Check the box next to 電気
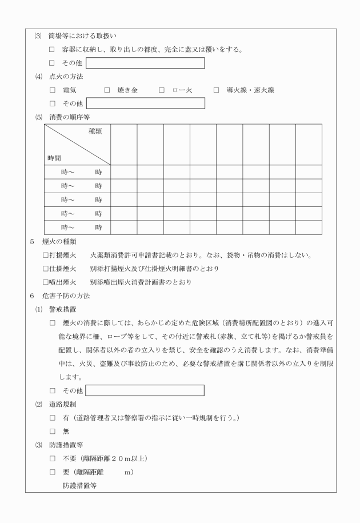click(x=53, y=90)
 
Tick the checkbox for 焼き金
click(x=107, y=90)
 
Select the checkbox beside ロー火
click(x=162, y=90)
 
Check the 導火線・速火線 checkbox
click(x=217, y=90)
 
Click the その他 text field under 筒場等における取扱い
click(x=145, y=63)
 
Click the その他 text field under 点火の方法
click(x=145, y=103)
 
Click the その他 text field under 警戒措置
click(x=145, y=391)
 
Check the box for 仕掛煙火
click(x=46, y=268)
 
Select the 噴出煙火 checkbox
click(x=46, y=282)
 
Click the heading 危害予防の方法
click(x=66, y=296)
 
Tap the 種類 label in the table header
click(x=95, y=131)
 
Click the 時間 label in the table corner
click(x=54, y=157)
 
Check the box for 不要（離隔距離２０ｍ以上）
click(x=53, y=459)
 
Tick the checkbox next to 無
click(x=53, y=432)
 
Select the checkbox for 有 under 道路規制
click(x=53, y=418)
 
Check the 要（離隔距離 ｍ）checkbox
click(x=53, y=473)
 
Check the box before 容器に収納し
click(x=53, y=49)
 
